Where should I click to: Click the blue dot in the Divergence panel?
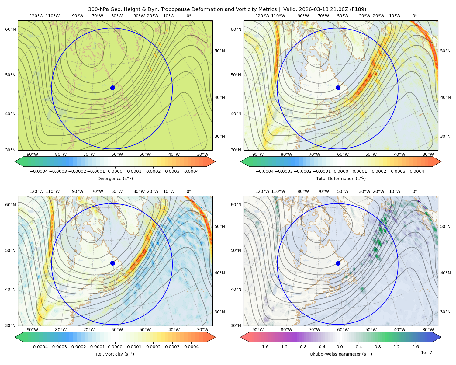tap(112, 88)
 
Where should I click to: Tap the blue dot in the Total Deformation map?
tap(338, 88)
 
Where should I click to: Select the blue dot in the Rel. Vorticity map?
tap(112, 263)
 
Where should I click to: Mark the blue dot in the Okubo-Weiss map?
tap(338, 263)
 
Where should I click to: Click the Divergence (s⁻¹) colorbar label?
tap(115, 178)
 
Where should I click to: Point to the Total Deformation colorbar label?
tap(341, 178)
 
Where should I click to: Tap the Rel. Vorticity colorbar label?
tap(115, 354)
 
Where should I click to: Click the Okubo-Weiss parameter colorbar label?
tap(341, 354)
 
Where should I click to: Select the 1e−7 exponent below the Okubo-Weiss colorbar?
tap(426, 353)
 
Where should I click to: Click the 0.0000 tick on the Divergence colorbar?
tap(115, 171)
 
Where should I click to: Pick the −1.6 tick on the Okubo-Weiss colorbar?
tap(264, 347)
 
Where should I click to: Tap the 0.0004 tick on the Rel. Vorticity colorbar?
tap(191, 347)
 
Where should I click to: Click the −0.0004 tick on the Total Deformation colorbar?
tap(265, 171)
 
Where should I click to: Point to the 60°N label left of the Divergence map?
tap(10, 29)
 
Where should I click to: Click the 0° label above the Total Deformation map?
tap(414, 16)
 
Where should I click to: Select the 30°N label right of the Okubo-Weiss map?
tap(445, 312)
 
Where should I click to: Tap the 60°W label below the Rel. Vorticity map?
tap(117, 330)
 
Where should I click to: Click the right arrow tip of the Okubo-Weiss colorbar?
tap(441, 337)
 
